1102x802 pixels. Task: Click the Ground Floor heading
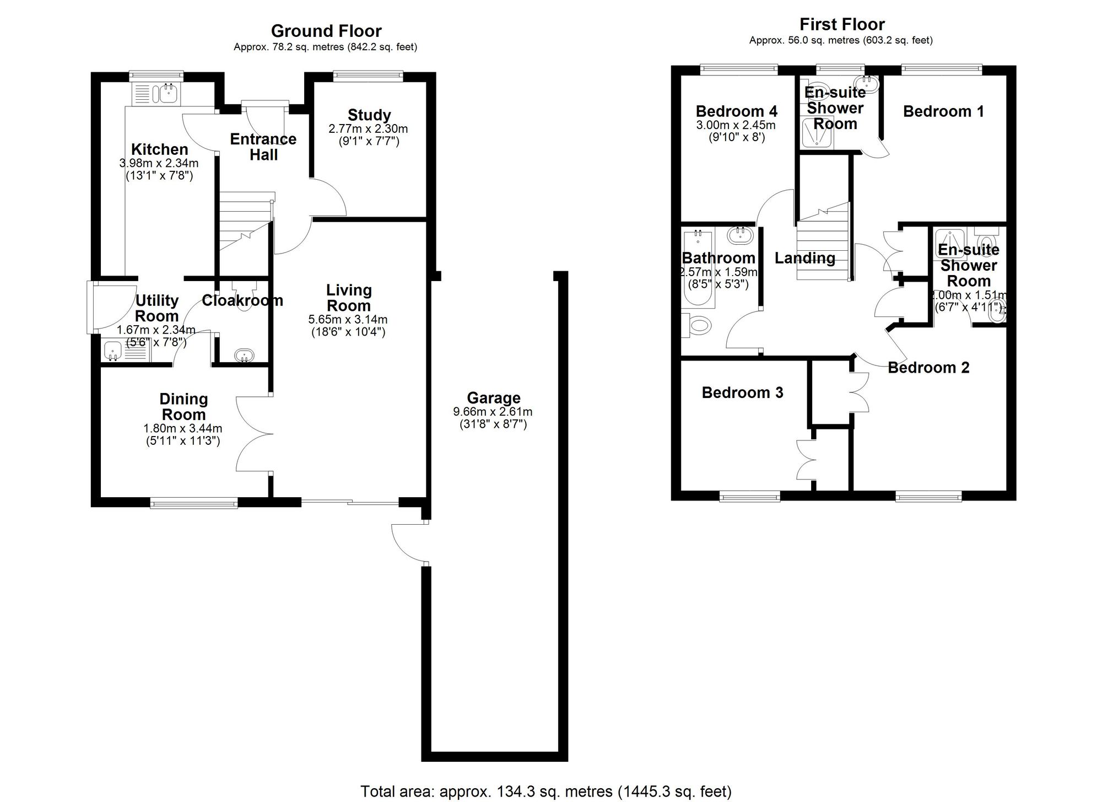coord(326,31)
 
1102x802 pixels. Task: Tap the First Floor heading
coord(841,24)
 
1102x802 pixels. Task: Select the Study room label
coord(369,115)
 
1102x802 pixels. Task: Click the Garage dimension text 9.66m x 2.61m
coord(493,412)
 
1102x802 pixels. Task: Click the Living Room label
coord(349,298)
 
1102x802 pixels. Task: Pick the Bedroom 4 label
coord(736,111)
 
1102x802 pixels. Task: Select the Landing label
coord(804,258)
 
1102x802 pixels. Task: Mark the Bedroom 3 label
coord(742,392)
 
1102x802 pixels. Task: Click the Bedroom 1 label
coord(943,111)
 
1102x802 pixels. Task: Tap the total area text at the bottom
coord(545,792)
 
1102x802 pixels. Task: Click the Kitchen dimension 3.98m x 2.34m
coord(159,163)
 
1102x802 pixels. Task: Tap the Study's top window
coord(368,76)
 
